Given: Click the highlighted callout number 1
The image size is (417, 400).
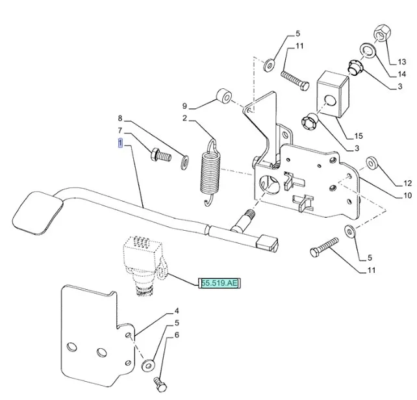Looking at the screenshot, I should (x=120, y=144).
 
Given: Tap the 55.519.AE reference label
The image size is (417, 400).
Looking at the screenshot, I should (x=220, y=283).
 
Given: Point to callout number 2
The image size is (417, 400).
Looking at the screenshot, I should (x=185, y=119).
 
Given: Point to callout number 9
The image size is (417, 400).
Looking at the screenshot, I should (x=184, y=106).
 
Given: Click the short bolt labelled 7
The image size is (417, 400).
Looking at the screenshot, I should (x=159, y=156).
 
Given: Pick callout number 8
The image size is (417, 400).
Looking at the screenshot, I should (x=120, y=119).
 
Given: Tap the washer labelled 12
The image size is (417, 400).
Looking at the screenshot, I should (x=373, y=161).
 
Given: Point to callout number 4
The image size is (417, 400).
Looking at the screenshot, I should (x=177, y=311).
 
